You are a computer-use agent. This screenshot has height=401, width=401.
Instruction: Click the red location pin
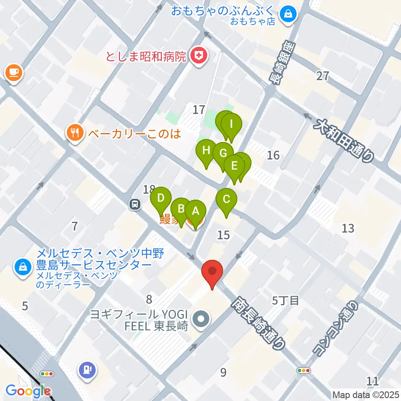[x=212, y=272]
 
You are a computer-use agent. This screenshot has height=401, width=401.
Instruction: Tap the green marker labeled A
[x=195, y=211]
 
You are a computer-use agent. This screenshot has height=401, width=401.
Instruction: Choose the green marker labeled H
[x=206, y=151]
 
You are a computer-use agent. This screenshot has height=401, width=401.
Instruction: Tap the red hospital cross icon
[x=198, y=56]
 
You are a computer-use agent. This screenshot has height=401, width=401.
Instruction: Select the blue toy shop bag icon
[x=288, y=14]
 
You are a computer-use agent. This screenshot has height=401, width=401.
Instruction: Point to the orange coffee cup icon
[x=14, y=73]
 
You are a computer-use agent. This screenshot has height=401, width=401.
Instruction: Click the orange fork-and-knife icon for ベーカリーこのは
[x=75, y=133]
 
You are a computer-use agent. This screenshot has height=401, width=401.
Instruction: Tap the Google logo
[x=28, y=391]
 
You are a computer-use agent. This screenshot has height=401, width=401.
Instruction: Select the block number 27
[x=323, y=76]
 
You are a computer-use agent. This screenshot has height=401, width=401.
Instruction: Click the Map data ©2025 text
[x=366, y=394]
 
